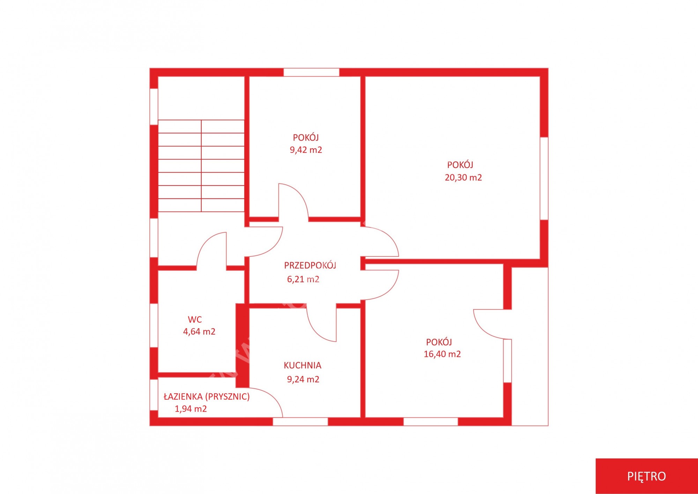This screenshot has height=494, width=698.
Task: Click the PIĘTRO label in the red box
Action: click(x=646, y=476)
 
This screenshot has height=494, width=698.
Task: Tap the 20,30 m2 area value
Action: click(x=463, y=178)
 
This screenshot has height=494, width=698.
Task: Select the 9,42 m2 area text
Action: click(x=306, y=150)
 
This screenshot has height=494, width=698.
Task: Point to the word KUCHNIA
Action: click(x=302, y=365)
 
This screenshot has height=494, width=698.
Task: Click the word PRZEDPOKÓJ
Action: click(x=310, y=265)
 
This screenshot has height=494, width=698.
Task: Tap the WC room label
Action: click(x=195, y=319)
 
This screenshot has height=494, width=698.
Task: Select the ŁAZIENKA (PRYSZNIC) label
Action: click(x=207, y=397)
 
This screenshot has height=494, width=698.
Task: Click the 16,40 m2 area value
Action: click(x=442, y=354)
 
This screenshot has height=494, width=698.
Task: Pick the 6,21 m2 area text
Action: click(x=303, y=279)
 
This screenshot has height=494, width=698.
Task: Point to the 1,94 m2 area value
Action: click(x=191, y=409)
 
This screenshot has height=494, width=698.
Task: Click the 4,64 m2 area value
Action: click(x=199, y=331)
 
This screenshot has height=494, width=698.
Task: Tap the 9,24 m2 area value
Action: click(x=303, y=379)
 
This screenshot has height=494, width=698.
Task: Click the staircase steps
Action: click(x=201, y=166)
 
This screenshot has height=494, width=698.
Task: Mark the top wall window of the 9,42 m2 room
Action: click(x=311, y=72)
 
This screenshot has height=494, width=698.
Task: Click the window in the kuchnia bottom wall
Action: click(x=300, y=421)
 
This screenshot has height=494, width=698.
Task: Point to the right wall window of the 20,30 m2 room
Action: click(x=544, y=178)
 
